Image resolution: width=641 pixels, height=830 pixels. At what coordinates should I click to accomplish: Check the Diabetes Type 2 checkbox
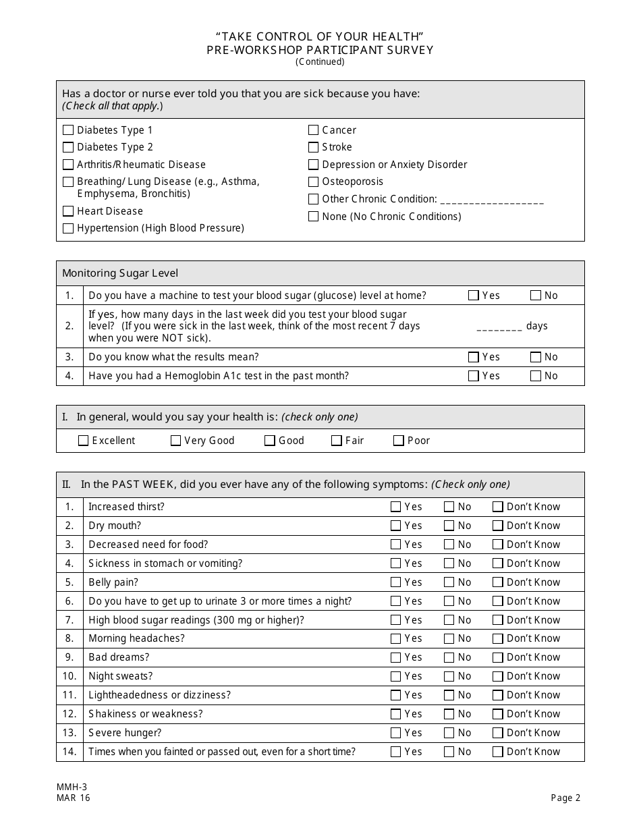68,147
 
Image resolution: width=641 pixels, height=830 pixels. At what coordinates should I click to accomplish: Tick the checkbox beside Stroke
313,147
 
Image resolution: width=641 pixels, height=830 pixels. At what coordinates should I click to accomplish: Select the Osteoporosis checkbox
313,182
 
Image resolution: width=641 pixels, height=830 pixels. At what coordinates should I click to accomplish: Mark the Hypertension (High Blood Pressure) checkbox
68,228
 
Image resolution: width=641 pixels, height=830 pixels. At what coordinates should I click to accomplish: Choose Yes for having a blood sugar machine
474,295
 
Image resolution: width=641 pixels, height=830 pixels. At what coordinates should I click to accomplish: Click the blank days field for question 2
499,327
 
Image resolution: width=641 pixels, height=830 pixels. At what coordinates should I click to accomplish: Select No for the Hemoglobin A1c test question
536,376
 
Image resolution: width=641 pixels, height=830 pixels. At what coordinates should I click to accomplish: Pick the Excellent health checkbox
84,441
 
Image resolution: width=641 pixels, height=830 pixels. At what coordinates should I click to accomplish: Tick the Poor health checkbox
399,441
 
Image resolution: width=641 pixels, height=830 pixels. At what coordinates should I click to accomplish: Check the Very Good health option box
176,441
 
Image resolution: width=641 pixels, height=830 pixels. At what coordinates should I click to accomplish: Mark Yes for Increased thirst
396,507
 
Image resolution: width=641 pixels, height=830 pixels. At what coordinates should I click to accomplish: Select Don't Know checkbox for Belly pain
498,582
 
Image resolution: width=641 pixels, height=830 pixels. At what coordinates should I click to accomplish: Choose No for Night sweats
449,676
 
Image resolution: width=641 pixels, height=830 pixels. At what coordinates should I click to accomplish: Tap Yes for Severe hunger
396,733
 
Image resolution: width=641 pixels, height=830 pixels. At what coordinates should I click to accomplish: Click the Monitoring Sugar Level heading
120,273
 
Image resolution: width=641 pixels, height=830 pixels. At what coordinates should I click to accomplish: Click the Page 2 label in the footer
565,798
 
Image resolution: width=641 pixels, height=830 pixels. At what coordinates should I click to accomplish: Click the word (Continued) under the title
320,62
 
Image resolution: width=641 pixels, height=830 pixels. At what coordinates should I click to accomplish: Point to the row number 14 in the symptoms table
69,752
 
